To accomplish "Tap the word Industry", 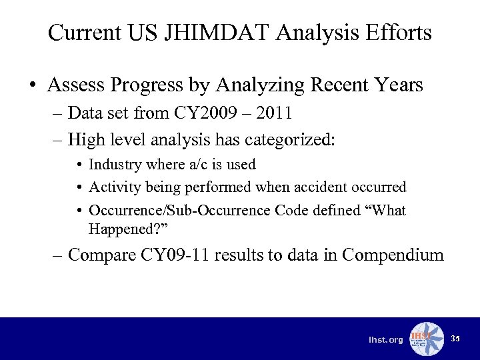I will pyautogui.click(x=114, y=165).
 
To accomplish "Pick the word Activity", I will pyautogui.click(x=113, y=187).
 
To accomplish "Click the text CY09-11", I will pyautogui.click(x=172, y=255).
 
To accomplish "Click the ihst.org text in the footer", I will pyautogui.click(x=386, y=341).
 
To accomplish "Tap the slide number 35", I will pyautogui.click(x=455, y=339).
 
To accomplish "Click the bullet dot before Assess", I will pyautogui.click(x=33, y=86).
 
